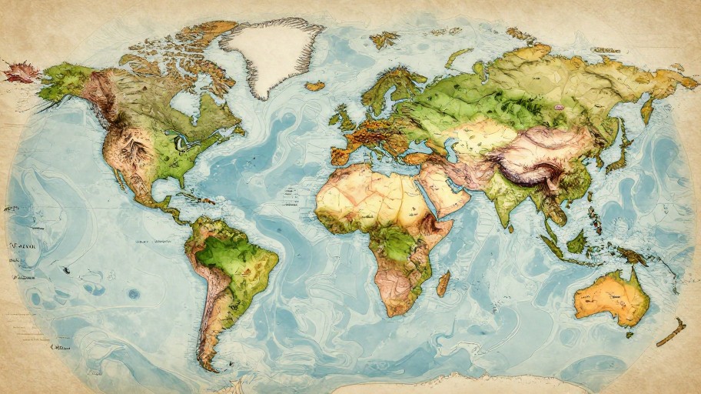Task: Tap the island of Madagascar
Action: [x=444, y=283]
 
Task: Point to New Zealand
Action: [x=670, y=332]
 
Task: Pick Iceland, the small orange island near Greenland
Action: [x=314, y=86]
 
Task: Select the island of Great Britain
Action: [x=343, y=118]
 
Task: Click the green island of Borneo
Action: [x=576, y=243]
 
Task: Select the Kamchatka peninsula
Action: [x=646, y=109]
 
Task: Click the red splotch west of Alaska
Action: [x=20, y=73]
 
